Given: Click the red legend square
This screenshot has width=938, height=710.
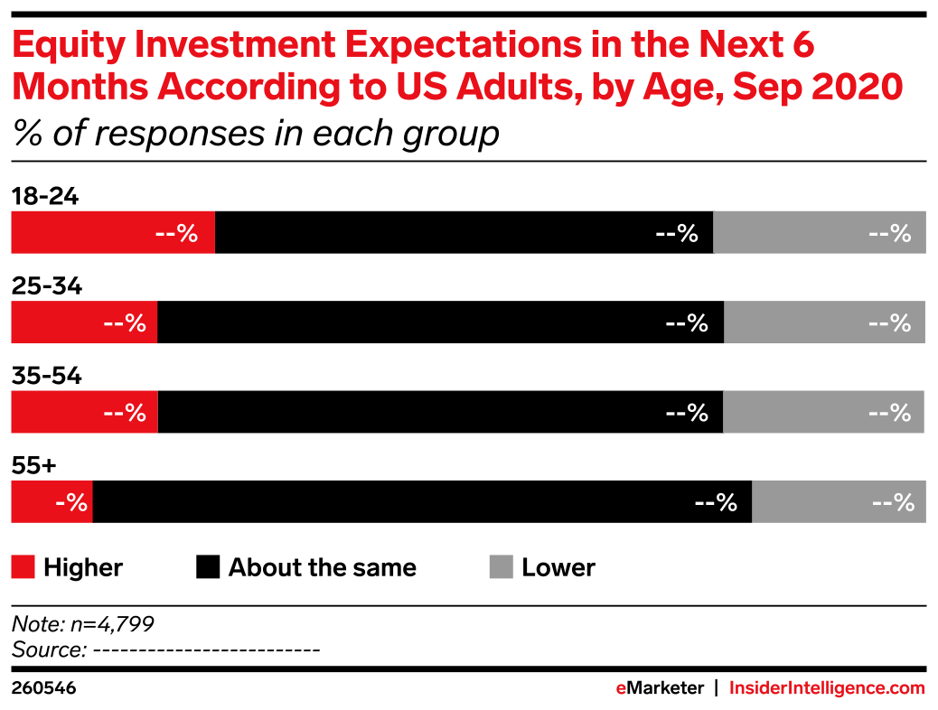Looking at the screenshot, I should (23, 566).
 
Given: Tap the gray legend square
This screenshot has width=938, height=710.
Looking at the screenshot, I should (501, 566).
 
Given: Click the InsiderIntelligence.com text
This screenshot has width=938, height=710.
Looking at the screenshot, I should (827, 688).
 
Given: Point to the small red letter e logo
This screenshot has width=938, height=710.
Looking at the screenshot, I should (621, 688).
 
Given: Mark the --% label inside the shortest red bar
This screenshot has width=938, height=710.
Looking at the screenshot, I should (71, 502).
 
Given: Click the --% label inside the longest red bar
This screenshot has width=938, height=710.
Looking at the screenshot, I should (176, 233).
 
